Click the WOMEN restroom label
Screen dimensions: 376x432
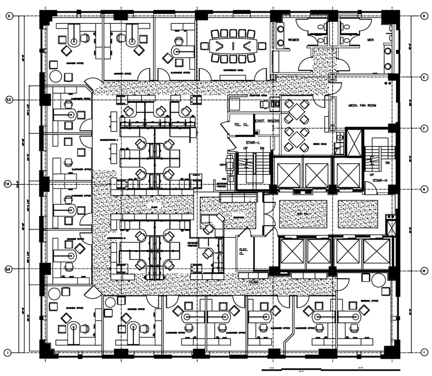coord(293,40)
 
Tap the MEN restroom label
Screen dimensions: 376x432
coord(370,40)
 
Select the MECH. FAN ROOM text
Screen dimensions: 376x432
coord(361,105)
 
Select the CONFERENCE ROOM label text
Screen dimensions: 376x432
coord(234,72)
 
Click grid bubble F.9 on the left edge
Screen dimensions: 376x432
coord(8,183)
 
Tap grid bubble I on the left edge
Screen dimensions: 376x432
coord(8,352)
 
